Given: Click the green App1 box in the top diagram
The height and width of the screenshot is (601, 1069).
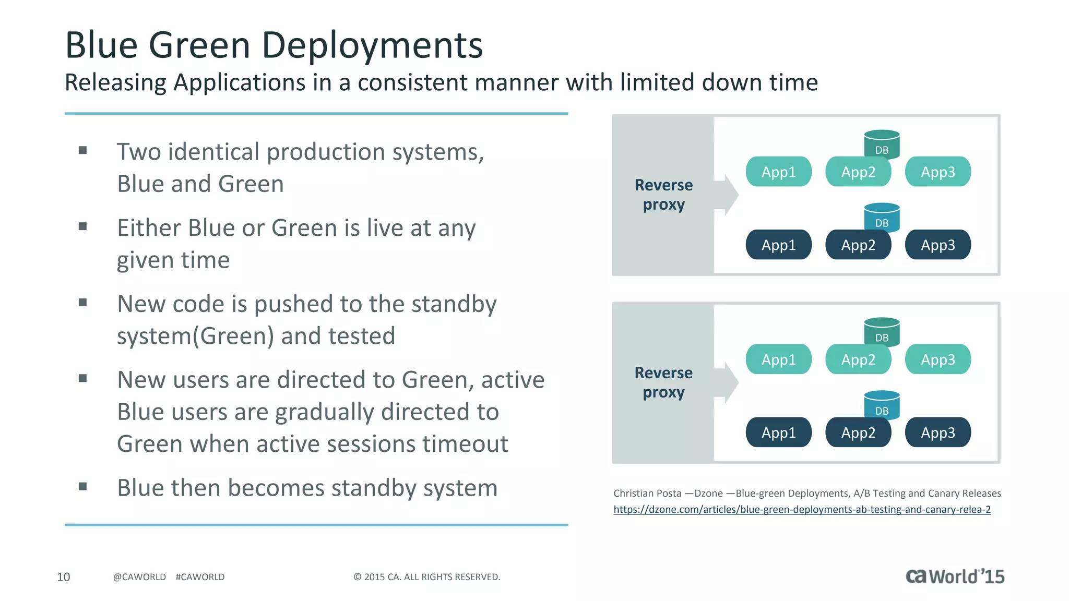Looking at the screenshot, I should [x=778, y=172].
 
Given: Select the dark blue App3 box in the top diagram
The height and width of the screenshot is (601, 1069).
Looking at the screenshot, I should [x=937, y=245].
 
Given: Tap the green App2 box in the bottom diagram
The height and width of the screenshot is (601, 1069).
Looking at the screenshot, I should [x=858, y=359].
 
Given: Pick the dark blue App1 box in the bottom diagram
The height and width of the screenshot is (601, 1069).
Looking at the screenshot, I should [x=778, y=432].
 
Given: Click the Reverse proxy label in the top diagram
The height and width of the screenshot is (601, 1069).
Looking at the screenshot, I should [x=663, y=195].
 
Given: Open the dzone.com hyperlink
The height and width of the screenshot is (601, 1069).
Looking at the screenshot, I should [x=802, y=510].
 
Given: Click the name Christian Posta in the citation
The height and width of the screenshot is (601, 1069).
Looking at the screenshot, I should [x=647, y=494].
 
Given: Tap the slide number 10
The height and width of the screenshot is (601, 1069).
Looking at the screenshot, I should [x=63, y=577].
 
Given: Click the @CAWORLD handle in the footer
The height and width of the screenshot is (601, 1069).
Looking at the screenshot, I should [x=139, y=577].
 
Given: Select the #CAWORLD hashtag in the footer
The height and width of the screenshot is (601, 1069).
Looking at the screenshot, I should [x=200, y=577].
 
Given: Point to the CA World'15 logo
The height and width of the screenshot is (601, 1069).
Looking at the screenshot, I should [x=955, y=576].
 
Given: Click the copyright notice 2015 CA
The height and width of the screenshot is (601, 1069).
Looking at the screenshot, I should [x=427, y=577].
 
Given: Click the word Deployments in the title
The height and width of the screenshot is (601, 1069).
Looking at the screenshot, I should [x=372, y=45].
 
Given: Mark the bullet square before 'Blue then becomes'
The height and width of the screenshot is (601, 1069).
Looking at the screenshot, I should [x=82, y=487].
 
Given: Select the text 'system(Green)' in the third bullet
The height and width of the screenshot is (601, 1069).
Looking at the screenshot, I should [x=195, y=336].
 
